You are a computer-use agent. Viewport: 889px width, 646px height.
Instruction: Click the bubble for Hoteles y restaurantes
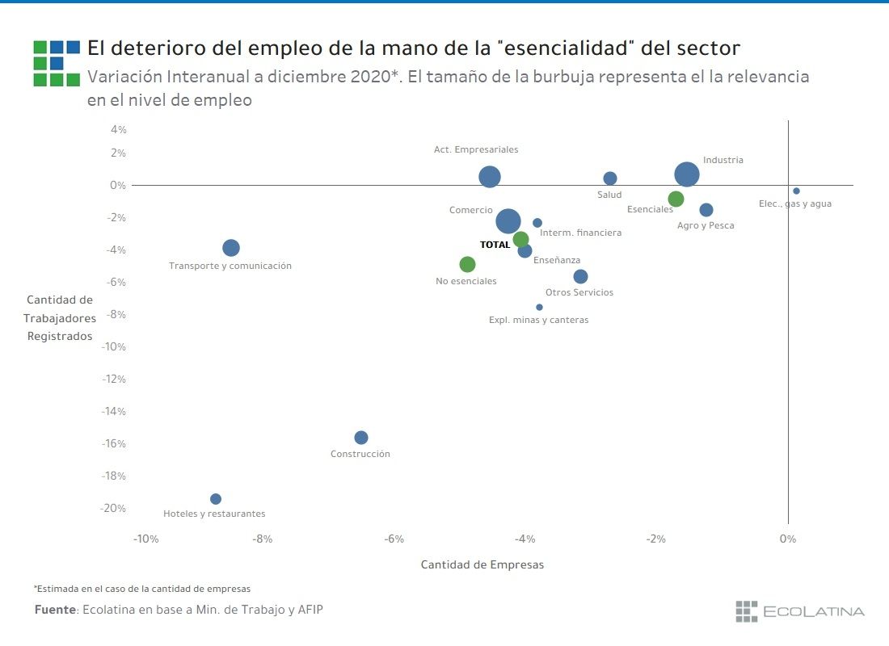(x=216, y=499)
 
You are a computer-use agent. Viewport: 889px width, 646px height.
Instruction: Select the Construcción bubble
(x=361, y=438)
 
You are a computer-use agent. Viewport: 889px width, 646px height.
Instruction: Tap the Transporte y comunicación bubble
(x=231, y=248)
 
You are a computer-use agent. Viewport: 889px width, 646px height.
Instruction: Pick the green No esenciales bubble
(x=467, y=264)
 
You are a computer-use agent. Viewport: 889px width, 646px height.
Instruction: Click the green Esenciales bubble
(x=676, y=199)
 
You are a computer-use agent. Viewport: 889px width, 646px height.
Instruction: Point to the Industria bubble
(x=687, y=174)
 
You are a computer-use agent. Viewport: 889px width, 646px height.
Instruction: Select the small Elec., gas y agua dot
(x=796, y=191)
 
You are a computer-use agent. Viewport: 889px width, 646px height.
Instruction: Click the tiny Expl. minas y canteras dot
(x=540, y=307)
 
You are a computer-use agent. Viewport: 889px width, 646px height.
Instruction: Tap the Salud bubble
(x=610, y=178)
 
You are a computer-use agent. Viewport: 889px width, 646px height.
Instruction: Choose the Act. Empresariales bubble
(x=490, y=177)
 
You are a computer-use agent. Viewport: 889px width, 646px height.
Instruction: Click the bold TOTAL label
(x=495, y=245)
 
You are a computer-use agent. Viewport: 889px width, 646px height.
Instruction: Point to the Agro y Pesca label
(x=706, y=225)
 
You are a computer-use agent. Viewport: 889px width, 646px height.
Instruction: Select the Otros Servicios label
(x=579, y=292)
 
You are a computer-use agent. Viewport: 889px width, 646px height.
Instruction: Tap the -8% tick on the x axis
(x=262, y=539)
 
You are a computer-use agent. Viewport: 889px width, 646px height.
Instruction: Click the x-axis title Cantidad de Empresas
(x=482, y=565)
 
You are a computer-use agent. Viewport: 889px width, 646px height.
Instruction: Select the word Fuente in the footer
(x=55, y=610)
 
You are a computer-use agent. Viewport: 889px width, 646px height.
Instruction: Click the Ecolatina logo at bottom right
(x=799, y=611)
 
